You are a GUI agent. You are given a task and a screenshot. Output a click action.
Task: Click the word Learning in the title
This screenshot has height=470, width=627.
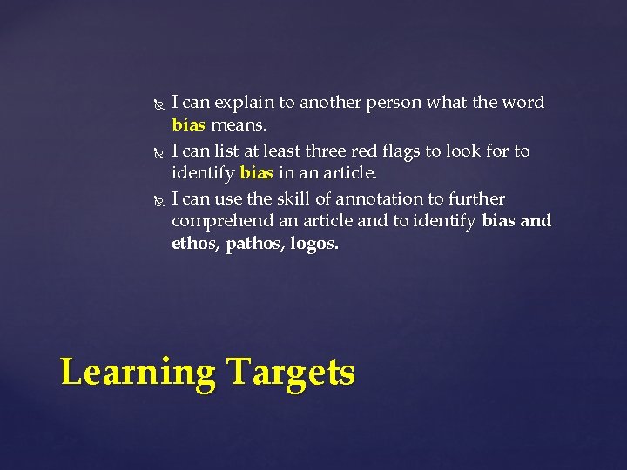coord(138,373)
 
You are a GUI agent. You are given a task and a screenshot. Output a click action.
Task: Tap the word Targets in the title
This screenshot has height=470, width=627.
coord(292,373)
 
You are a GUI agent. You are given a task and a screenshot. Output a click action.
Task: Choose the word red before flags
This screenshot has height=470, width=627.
coord(379,151)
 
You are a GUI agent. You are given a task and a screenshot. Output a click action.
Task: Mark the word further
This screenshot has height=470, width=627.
coord(477,199)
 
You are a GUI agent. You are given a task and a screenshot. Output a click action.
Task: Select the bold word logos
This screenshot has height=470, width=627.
coord(314,244)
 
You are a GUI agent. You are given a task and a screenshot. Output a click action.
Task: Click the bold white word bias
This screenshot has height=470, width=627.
coord(498,221)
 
